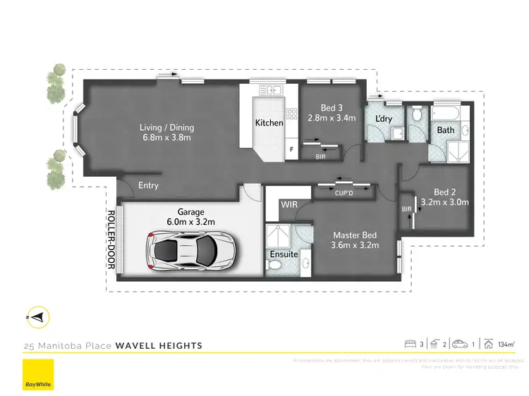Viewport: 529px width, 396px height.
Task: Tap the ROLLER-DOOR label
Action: point(111,240)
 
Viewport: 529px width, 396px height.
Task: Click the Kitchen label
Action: point(269,123)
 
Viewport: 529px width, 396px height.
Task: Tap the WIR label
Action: point(289,204)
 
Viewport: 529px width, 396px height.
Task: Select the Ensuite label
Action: point(284,254)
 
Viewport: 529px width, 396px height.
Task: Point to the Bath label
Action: point(446,130)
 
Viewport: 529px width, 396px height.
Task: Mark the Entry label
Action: point(149,186)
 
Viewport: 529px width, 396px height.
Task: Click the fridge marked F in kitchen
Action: point(291,149)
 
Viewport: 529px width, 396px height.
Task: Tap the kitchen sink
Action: point(271,90)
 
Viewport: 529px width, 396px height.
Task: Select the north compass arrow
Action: point(37,318)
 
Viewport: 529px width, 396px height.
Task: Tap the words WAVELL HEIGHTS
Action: point(159,345)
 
